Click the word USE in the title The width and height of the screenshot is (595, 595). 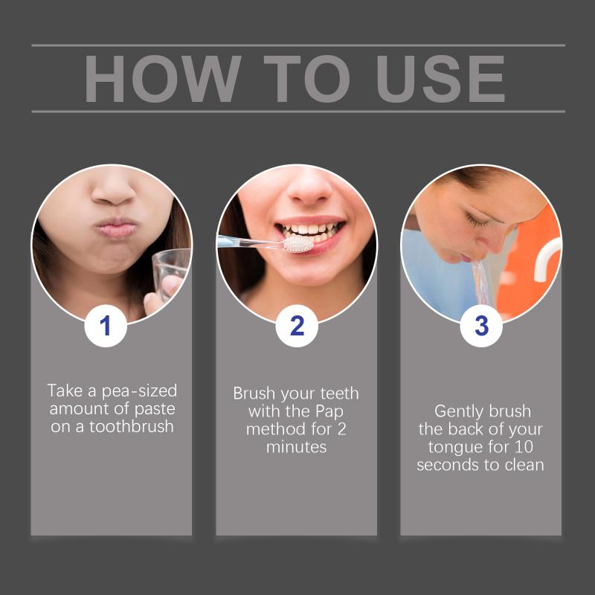click(x=440, y=79)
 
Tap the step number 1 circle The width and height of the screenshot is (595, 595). click(x=106, y=326)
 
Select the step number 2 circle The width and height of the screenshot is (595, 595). click(x=297, y=326)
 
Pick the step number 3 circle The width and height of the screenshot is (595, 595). click(x=481, y=326)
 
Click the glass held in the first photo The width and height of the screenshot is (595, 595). click(x=172, y=274)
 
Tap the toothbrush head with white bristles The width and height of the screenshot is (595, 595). click(x=299, y=244)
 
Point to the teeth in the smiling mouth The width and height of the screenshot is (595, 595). click(x=311, y=231)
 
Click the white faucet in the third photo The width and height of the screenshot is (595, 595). click(x=546, y=258)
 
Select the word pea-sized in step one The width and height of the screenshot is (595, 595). click(x=139, y=391)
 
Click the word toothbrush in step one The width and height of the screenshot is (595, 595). click(x=132, y=426)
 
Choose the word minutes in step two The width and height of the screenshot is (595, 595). click(x=296, y=447)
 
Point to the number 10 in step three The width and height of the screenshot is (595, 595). click(x=524, y=447)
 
